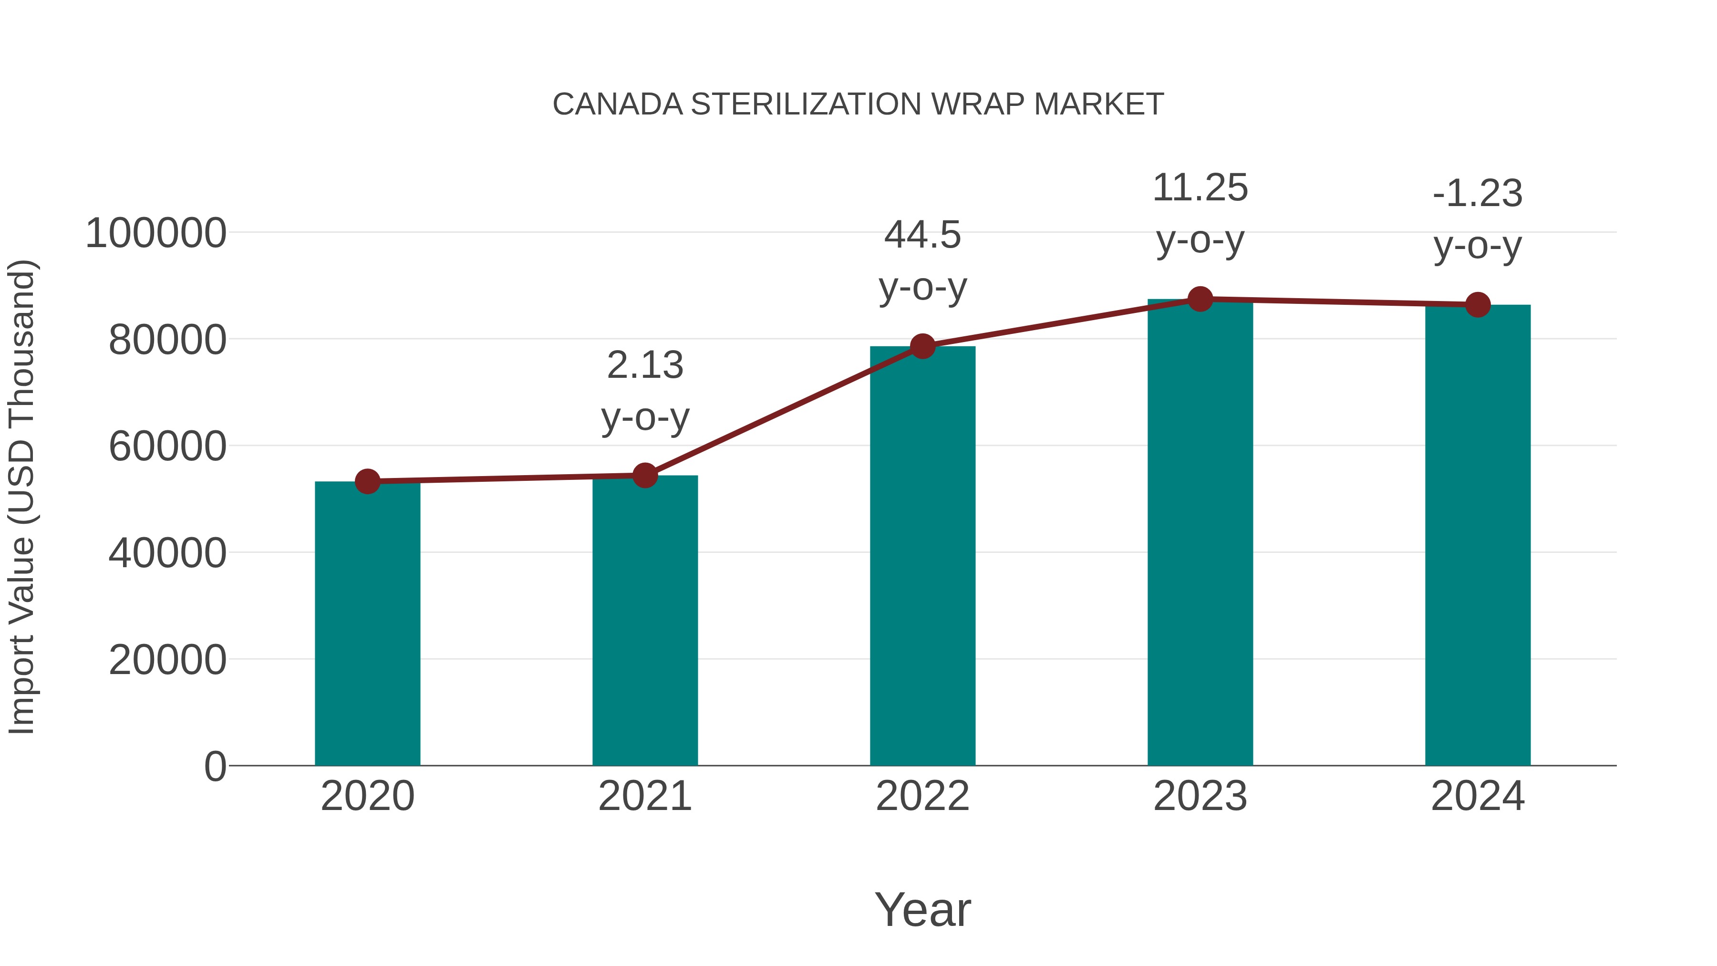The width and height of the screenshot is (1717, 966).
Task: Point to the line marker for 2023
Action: coord(1200,299)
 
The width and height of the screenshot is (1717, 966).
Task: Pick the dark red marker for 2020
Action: coord(367,481)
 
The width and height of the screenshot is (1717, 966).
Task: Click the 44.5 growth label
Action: coord(922,235)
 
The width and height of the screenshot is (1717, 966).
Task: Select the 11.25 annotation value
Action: coord(1200,188)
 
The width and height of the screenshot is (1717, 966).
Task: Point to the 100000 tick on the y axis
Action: coord(156,234)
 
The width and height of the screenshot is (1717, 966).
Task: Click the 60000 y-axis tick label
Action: coord(167,447)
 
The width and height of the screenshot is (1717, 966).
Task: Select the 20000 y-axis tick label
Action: coord(167,660)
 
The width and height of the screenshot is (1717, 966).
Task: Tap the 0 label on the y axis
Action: coord(215,767)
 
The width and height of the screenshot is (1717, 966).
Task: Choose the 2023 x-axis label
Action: coord(1200,796)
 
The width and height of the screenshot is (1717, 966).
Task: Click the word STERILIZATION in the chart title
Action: coord(806,104)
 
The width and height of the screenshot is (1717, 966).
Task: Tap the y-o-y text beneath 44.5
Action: coord(922,288)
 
